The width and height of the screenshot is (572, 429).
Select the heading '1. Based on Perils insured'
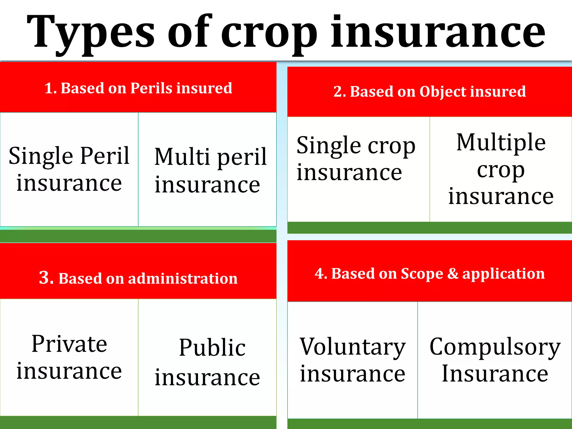tap(138, 88)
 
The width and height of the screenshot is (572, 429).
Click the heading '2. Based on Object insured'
tap(430, 91)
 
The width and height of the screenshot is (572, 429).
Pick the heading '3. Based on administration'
tap(138, 278)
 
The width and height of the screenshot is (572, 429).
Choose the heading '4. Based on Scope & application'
tap(430, 273)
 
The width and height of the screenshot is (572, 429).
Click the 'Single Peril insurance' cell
tap(69, 169)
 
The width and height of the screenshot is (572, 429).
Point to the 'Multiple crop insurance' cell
tap(501, 169)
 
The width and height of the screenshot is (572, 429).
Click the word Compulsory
tap(495, 347)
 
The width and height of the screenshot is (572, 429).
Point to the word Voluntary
tap(352, 347)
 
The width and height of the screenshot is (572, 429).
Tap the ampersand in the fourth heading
tap(452, 273)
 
